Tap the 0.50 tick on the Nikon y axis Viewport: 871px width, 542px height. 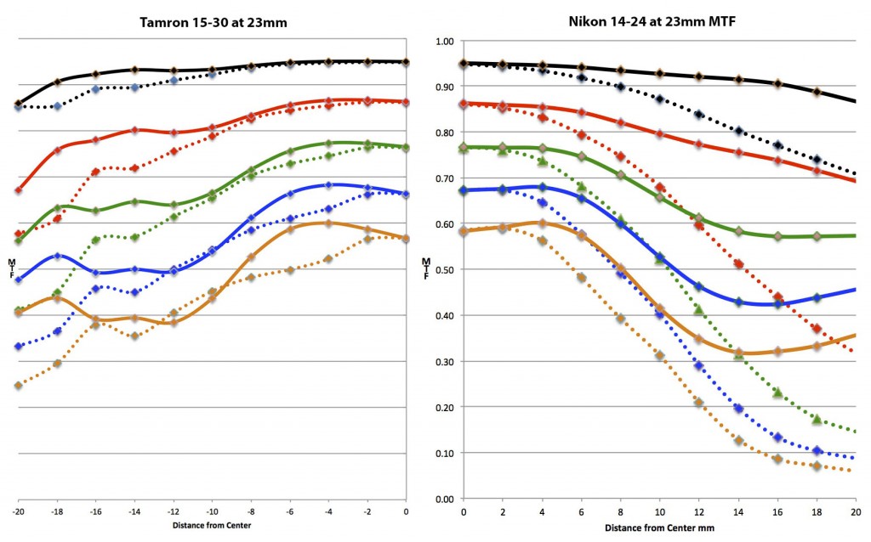pyautogui.click(x=445, y=269)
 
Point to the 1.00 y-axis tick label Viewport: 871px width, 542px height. pyautogui.click(x=445, y=41)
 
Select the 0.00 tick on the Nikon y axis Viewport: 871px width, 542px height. pyautogui.click(x=445, y=499)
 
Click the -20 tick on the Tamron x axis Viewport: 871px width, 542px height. pyautogui.click(x=18, y=511)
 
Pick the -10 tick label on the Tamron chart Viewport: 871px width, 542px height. pyautogui.click(x=212, y=511)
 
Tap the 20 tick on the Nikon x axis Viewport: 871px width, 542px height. pyautogui.click(x=856, y=512)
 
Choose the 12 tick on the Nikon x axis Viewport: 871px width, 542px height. pyautogui.click(x=699, y=512)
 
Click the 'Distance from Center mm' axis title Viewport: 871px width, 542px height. pyautogui.click(x=659, y=528)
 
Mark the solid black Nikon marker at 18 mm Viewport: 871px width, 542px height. pyautogui.click(x=817, y=92)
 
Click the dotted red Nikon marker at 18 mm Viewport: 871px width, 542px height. pyautogui.click(x=817, y=329)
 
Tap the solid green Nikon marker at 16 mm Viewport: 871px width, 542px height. pyautogui.click(x=777, y=236)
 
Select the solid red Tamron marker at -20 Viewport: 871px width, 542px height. pyautogui.click(x=18, y=190)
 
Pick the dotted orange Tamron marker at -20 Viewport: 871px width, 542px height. pyautogui.click(x=18, y=386)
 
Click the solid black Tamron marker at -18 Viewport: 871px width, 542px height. pyautogui.click(x=57, y=82)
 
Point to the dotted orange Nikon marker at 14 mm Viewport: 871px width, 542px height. pyautogui.click(x=738, y=441)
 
